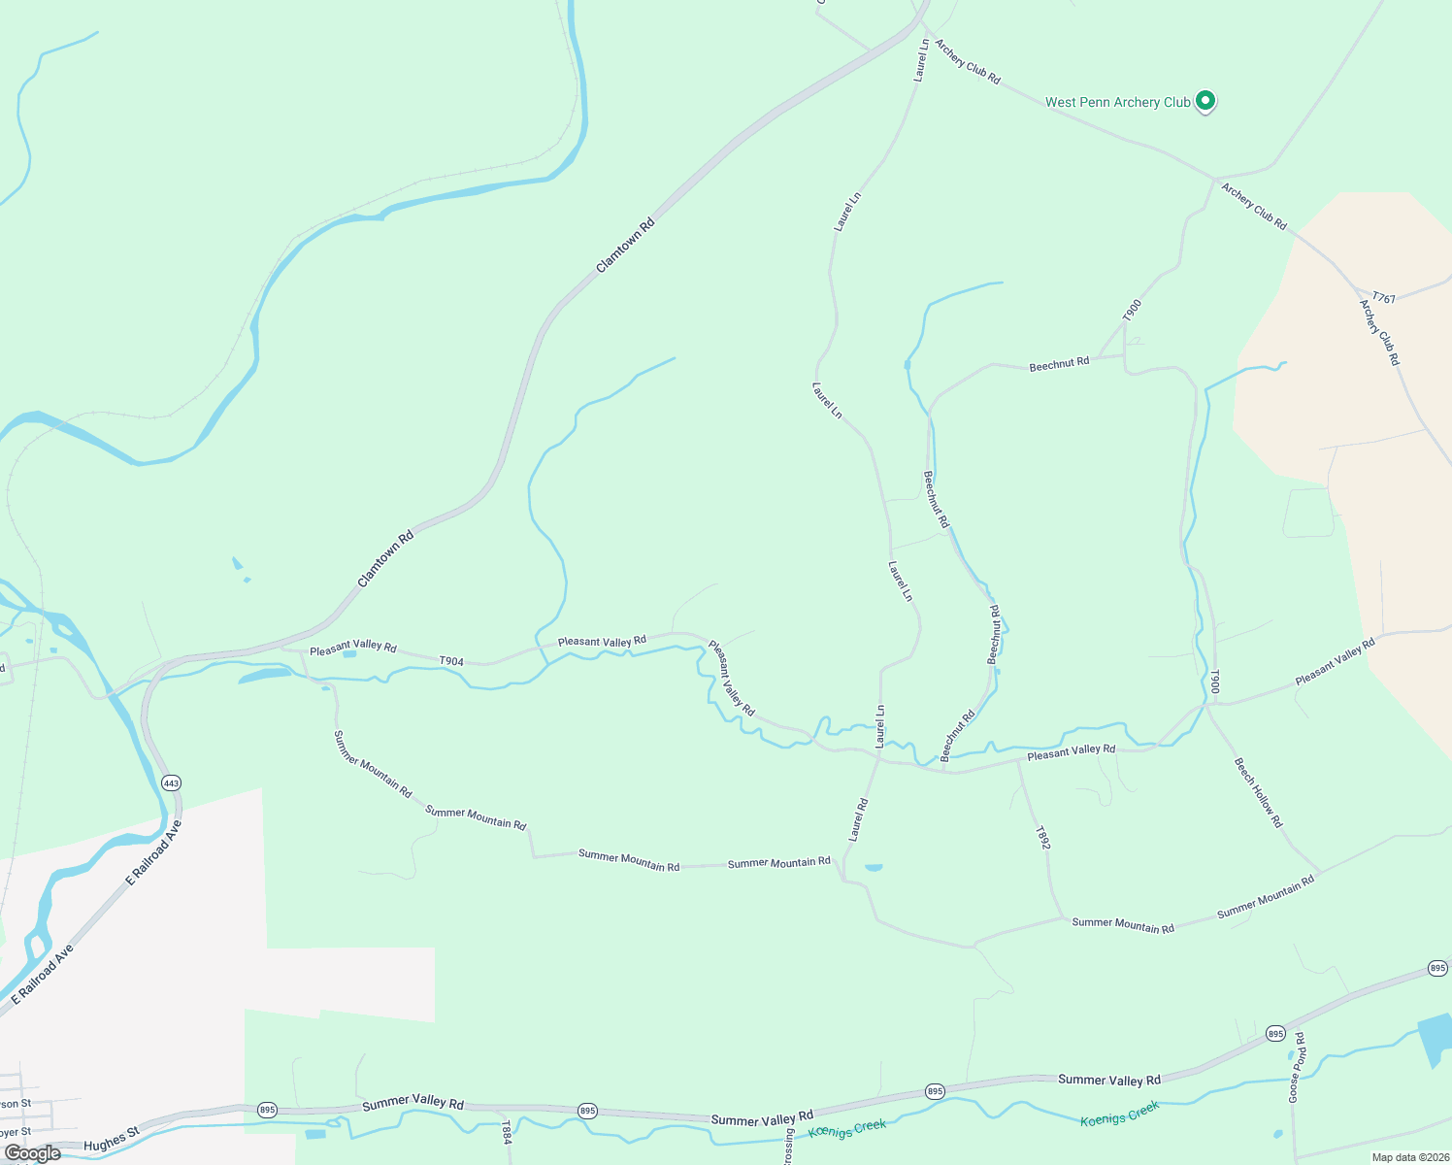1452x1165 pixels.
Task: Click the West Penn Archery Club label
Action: [x=1117, y=102]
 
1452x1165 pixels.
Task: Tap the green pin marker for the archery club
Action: [x=1204, y=100]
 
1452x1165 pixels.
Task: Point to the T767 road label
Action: [x=1384, y=298]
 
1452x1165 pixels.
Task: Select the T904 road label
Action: [x=451, y=661]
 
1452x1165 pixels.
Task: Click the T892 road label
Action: [x=1042, y=838]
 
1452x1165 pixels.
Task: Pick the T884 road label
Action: [x=506, y=1132]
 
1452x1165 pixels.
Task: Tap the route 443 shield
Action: [x=171, y=782]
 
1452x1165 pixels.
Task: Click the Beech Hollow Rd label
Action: [x=1259, y=793]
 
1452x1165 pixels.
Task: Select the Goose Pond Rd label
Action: [x=1297, y=1067]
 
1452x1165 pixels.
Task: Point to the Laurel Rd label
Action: [x=858, y=820]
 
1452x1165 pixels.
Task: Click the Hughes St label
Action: [x=112, y=1139]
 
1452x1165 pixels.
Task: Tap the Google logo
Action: [x=33, y=1153]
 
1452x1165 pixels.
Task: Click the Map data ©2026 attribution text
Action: [x=1409, y=1157]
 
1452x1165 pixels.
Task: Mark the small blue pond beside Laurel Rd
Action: [x=874, y=867]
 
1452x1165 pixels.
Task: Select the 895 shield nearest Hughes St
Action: [x=267, y=1109]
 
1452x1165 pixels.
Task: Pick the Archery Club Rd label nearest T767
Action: [x=1379, y=332]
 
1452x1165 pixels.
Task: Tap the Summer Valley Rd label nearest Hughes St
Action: [x=412, y=1103]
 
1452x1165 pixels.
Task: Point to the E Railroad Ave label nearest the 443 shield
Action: [x=154, y=853]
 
